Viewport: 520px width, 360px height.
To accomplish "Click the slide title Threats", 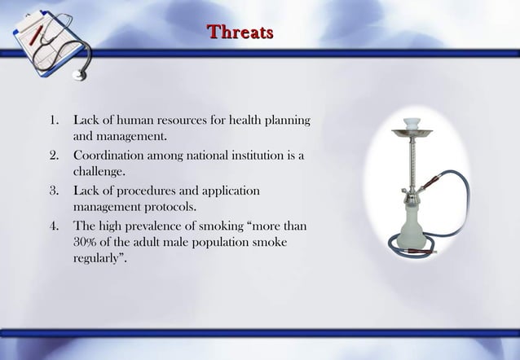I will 240,33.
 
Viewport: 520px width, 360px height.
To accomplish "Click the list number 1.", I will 54,121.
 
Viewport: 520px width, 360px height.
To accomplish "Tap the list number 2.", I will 54,156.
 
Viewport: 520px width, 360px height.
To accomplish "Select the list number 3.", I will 54,191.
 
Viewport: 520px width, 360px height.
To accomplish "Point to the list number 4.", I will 54,226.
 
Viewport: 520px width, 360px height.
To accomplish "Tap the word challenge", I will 99,173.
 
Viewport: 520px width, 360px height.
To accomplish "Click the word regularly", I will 99,261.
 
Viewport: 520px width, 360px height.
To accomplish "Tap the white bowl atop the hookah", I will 412,123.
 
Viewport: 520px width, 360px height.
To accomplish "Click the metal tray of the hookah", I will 412,132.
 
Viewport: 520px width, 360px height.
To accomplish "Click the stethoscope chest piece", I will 79,75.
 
